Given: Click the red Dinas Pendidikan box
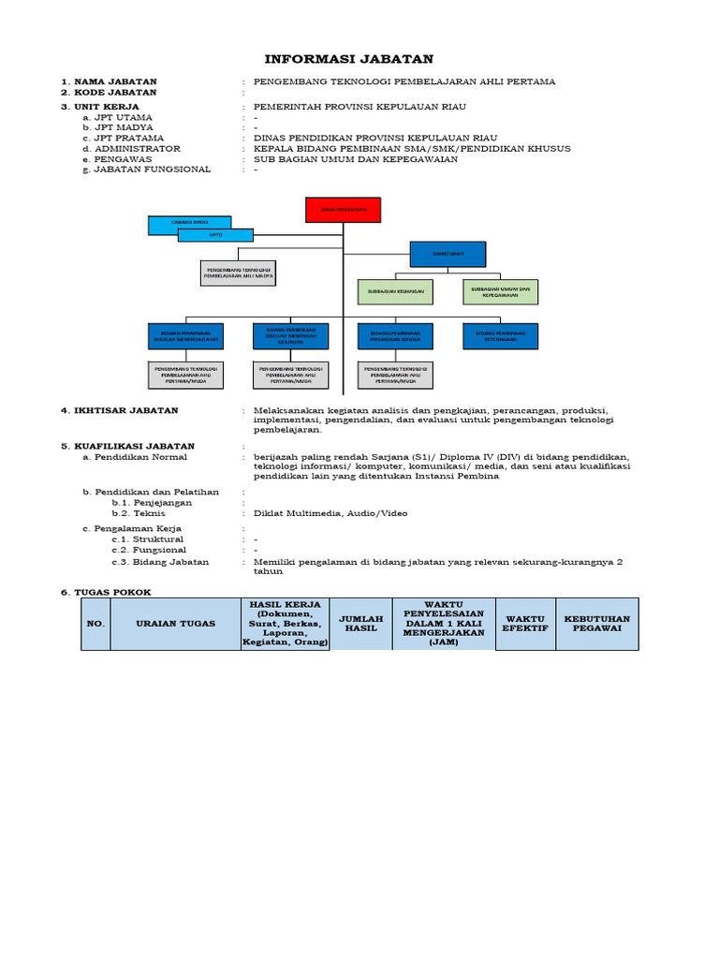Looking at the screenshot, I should tap(344, 211).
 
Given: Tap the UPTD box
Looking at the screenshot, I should tap(215, 235).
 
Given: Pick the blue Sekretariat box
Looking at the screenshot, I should tap(448, 254).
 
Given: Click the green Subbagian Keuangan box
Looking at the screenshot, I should tap(396, 292).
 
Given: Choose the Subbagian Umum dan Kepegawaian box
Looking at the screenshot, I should tap(502, 292).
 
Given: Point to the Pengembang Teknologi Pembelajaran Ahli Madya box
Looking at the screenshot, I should tap(238, 273).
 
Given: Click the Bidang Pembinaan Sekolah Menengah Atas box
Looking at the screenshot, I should tap(186, 335).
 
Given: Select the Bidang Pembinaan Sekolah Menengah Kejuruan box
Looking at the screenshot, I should tap(291, 335).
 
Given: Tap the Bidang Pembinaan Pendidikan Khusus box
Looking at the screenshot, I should tap(396, 335).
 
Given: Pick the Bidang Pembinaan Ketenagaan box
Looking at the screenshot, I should tap(501, 335).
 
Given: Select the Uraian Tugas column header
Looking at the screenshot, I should tap(175, 624).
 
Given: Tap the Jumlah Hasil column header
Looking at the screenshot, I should tap(360, 624).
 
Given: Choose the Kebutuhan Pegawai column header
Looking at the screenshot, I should tap(596, 624).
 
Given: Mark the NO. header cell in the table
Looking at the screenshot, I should tap(95, 624).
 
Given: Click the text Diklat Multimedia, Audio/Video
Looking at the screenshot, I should tap(330, 513).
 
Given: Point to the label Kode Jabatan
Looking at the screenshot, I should tap(116, 93).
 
